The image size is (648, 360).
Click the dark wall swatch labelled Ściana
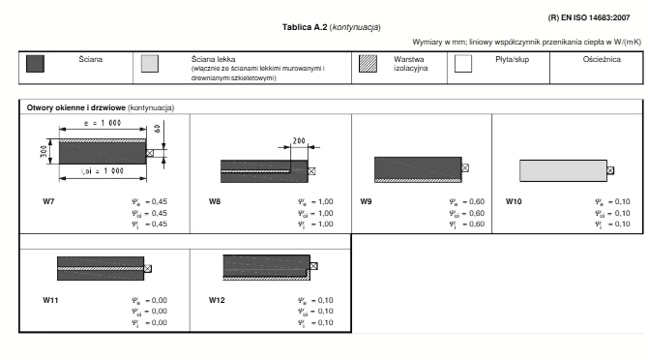[x=35, y=64]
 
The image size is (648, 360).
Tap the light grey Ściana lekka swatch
[x=150, y=64]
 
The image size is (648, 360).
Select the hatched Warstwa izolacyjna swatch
[x=368, y=64]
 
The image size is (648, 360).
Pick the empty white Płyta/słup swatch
[x=463, y=64]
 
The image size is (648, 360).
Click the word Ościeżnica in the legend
[x=602, y=60]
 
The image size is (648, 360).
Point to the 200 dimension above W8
[x=299, y=141]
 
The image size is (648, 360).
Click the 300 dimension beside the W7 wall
[x=44, y=151]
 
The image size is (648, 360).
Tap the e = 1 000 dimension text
[x=103, y=123]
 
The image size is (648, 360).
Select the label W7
[x=48, y=201]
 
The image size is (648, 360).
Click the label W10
[x=514, y=201]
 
